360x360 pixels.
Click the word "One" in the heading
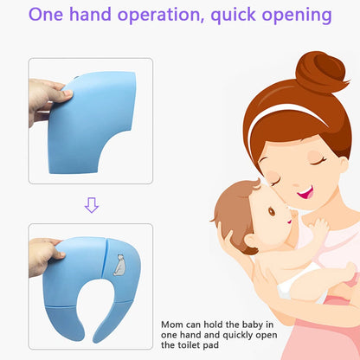coord(48,16)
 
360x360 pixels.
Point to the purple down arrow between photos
coord(91,205)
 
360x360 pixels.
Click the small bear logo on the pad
coord(120,261)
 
